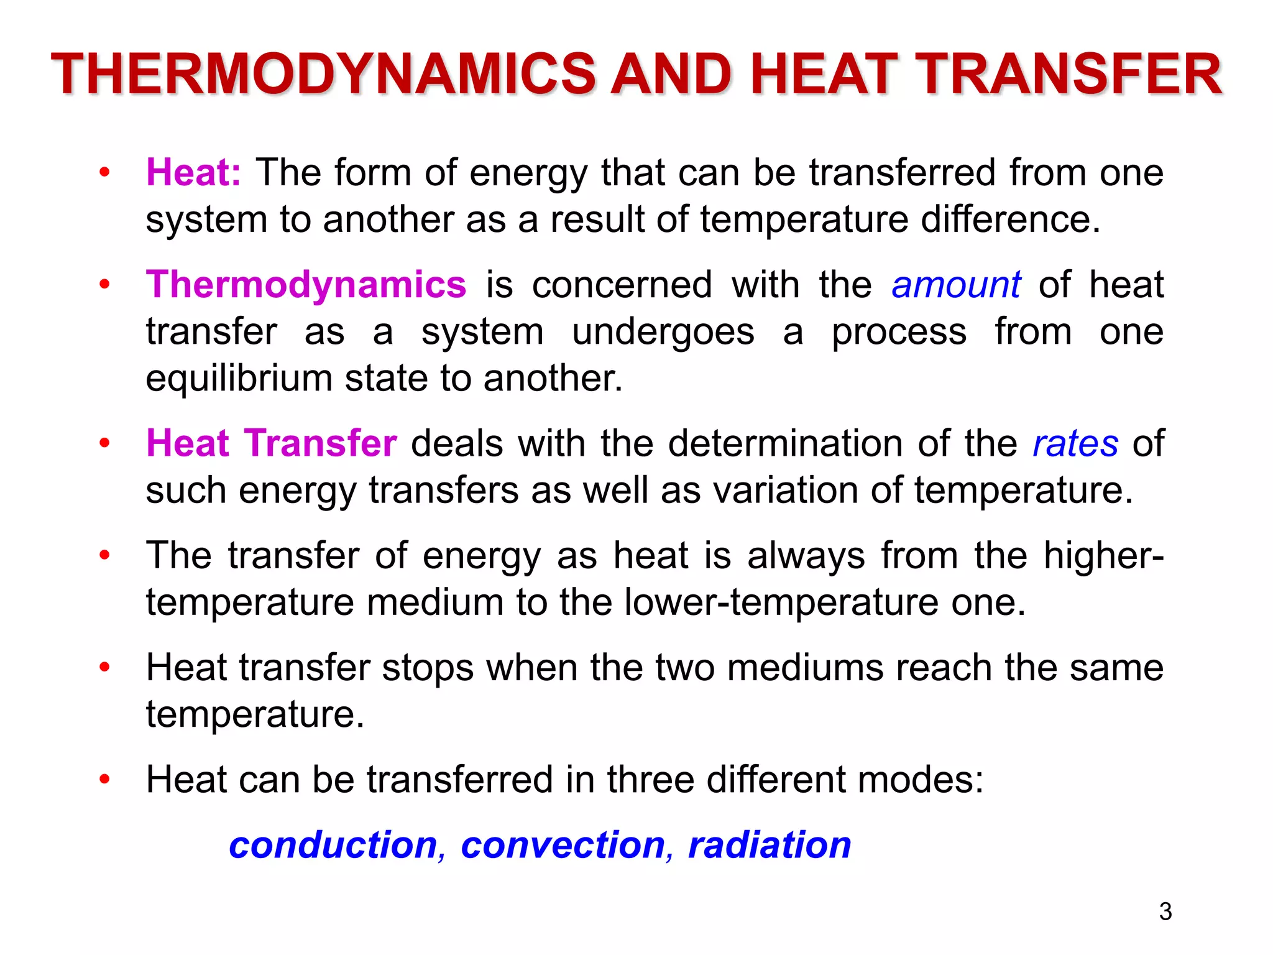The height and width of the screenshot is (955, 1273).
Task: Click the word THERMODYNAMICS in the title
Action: click(x=324, y=75)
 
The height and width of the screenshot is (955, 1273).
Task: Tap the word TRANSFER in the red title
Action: click(x=1068, y=75)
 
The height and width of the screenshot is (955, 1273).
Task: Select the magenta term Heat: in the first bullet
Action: click(x=193, y=172)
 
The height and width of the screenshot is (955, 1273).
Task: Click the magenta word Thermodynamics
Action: click(x=306, y=285)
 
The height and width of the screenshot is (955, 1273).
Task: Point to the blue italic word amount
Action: click(x=955, y=285)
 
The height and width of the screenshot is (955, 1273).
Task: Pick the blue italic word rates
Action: click(x=1075, y=443)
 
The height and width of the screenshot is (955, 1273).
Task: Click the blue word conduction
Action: click(x=333, y=845)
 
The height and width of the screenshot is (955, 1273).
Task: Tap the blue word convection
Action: click(x=563, y=845)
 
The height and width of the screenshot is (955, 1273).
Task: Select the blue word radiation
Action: click(x=770, y=845)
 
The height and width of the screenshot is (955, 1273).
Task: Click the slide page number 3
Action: click(x=1165, y=911)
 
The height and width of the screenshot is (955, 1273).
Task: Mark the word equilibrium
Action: click(x=239, y=379)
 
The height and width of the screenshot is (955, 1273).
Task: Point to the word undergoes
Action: click(x=663, y=332)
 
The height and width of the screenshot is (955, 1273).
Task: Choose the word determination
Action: click(x=786, y=443)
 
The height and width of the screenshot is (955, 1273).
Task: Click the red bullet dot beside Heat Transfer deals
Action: click(x=104, y=443)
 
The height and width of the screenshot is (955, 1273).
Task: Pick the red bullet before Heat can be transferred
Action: click(x=104, y=779)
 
